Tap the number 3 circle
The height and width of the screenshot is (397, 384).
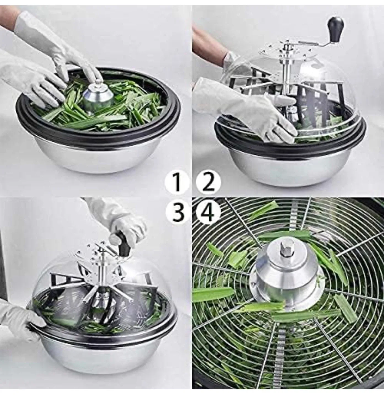177,212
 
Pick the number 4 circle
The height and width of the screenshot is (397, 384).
208,212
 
